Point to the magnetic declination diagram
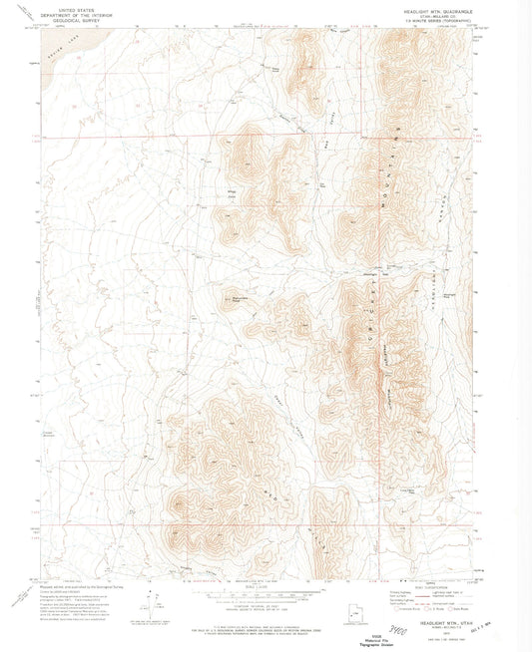tap(149, 604)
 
